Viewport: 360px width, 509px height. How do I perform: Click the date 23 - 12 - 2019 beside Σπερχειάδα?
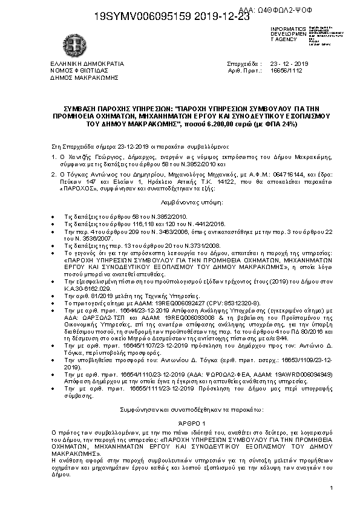[x=289, y=63]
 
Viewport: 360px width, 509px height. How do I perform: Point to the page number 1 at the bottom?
[x=332, y=488]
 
